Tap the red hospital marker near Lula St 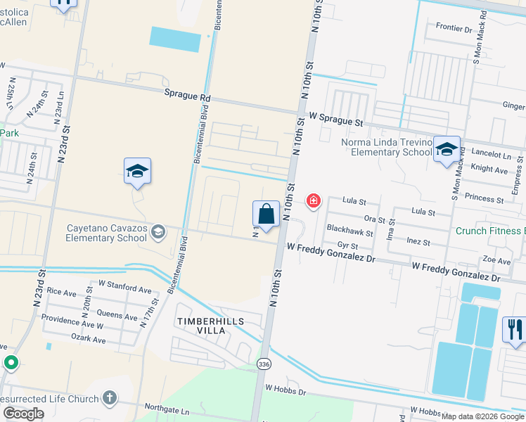[313, 202]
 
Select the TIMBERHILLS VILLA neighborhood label [210, 326]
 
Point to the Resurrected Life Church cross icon [109, 397]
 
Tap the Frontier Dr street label [454, 29]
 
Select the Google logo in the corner [23, 414]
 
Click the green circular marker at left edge [11, 363]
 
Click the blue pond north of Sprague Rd [174, 39]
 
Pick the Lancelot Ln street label [492, 154]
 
